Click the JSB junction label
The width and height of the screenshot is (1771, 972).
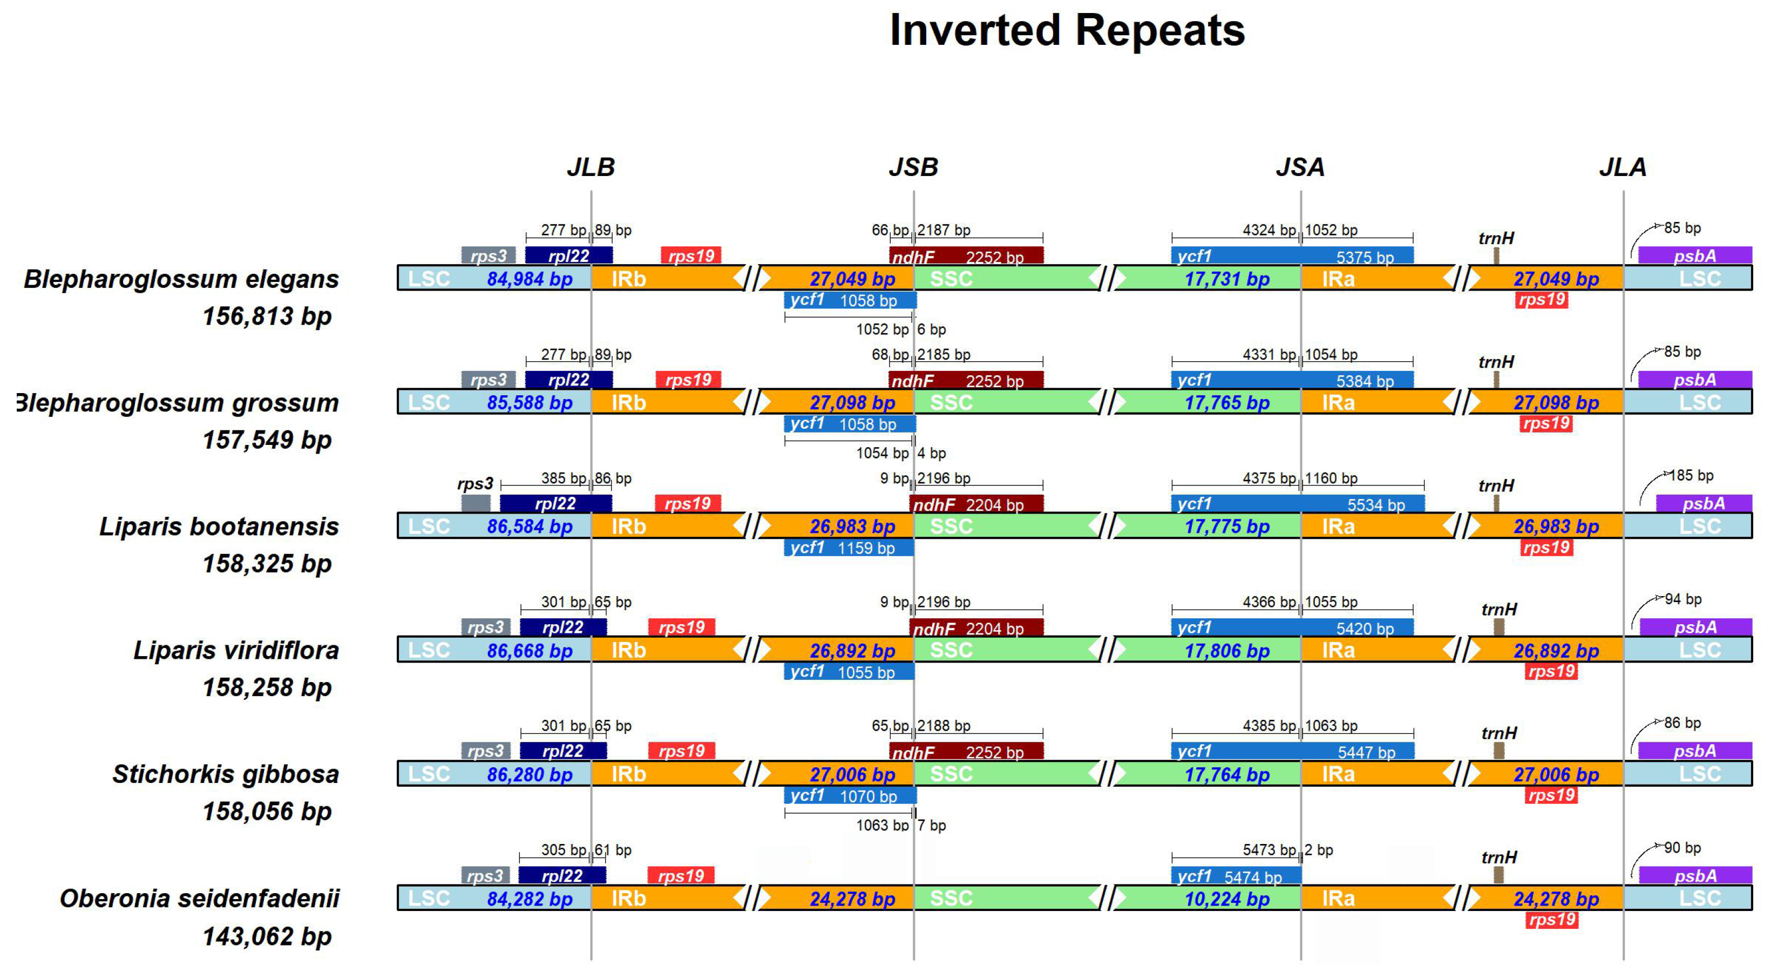pos(913,167)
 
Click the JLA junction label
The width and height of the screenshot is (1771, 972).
pos(1623,167)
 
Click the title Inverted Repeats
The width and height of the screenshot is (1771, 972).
pos(1067,31)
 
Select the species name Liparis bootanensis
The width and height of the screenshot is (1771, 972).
pos(219,526)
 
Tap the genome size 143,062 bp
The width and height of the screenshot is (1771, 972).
pos(267,936)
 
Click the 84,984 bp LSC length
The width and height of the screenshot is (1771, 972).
pos(530,279)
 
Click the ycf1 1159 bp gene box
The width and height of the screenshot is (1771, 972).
pos(849,548)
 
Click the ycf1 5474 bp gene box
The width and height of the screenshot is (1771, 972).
pos(1236,876)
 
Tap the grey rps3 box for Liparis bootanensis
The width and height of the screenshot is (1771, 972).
pos(476,503)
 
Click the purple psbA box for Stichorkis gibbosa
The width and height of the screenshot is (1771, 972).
pos(1695,751)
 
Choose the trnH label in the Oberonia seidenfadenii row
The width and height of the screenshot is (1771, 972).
pos(1499,857)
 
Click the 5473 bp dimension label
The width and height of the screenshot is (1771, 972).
pos(1269,849)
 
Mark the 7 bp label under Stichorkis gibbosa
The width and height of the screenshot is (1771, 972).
pos(932,825)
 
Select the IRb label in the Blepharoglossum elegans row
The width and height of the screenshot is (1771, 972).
pos(628,279)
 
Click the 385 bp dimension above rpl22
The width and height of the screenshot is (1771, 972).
pos(564,478)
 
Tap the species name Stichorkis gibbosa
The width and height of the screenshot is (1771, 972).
pos(226,774)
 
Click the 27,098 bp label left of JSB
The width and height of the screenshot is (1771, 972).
pos(852,402)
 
